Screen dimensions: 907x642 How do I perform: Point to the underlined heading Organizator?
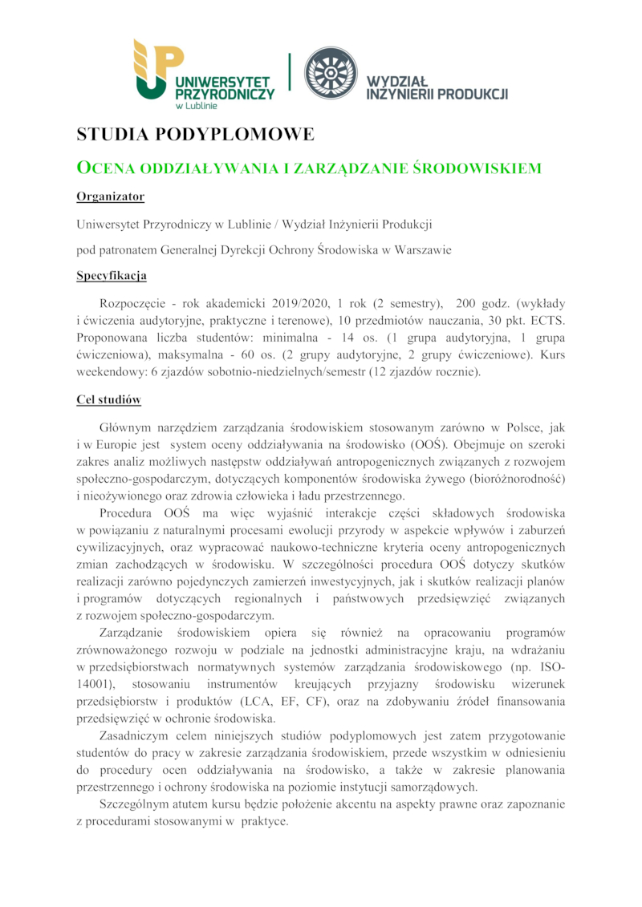(110, 196)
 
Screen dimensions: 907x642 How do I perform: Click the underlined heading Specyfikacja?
(112, 277)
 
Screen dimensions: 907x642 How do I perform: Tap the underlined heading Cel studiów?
(109, 399)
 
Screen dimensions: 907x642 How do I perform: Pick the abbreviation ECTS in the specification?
(547, 321)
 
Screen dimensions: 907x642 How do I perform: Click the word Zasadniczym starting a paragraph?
(135, 736)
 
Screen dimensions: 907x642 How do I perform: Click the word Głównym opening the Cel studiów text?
(125, 426)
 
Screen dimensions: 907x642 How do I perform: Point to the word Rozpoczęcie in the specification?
(134, 304)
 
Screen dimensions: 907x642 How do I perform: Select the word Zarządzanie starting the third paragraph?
(133, 633)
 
